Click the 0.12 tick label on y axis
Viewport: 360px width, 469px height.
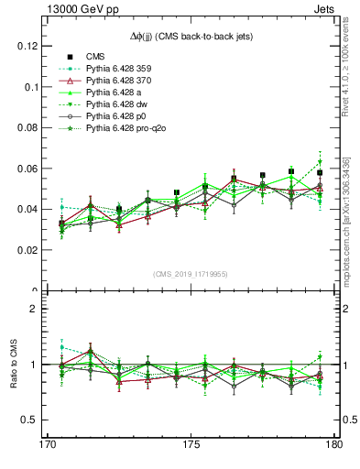click(x=25, y=46)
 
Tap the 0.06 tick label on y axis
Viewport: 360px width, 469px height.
click(x=25, y=169)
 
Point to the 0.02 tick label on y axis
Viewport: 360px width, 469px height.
click(x=25, y=250)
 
